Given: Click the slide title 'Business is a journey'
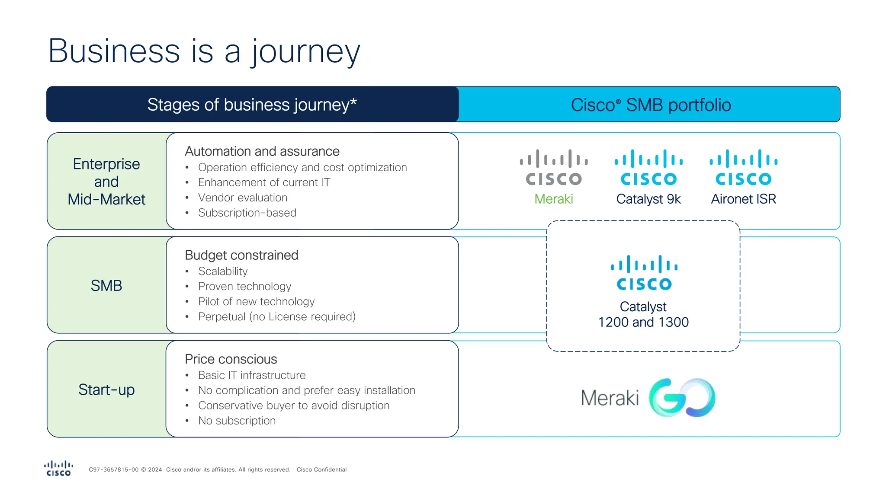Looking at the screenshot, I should tap(204, 51).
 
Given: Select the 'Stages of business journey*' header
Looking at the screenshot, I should tap(252, 105).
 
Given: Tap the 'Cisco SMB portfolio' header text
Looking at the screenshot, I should tap(651, 105).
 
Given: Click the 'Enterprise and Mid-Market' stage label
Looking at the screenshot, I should tap(106, 182).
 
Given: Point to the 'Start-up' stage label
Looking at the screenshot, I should tap(106, 389).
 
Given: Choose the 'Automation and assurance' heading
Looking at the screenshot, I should tap(262, 151).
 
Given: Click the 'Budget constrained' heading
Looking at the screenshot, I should tap(241, 255).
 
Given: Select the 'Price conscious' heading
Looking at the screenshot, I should tap(231, 359).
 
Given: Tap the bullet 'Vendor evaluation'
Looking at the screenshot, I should tap(242, 198).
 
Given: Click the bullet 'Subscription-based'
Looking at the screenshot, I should tap(247, 213).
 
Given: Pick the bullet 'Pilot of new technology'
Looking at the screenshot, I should tap(256, 301).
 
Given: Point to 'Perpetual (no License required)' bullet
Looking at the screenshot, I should tap(277, 316).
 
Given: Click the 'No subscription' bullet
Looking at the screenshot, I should tap(237, 421).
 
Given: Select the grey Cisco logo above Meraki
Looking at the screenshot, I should tap(554, 168).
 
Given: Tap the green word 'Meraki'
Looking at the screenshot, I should tap(554, 199).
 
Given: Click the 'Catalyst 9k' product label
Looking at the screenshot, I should tap(648, 199).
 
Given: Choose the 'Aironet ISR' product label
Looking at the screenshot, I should tap(743, 199).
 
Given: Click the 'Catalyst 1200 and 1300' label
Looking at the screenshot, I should tap(643, 314).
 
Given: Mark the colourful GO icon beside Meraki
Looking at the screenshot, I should tap(682, 398).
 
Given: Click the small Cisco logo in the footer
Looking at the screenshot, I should tap(58, 469).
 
